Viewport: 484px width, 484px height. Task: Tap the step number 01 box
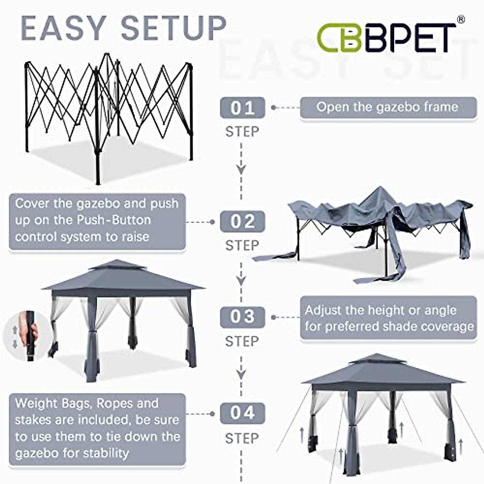(x=242, y=108)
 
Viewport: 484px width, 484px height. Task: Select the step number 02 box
(x=242, y=221)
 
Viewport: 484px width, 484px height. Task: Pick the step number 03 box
(x=242, y=317)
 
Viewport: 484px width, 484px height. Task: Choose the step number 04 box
(x=242, y=413)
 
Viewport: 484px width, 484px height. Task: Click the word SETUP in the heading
(x=173, y=29)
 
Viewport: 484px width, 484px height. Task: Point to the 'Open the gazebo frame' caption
(x=388, y=107)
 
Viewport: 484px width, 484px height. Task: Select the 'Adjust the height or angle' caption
(x=380, y=311)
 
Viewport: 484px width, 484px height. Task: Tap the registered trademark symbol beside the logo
(x=461, y=19)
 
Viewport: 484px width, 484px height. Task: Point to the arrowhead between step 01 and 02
(x=241, y=169)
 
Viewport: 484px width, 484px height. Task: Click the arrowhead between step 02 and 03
(x=241, y=280)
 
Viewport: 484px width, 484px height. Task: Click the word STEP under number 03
(x=242, y=341)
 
